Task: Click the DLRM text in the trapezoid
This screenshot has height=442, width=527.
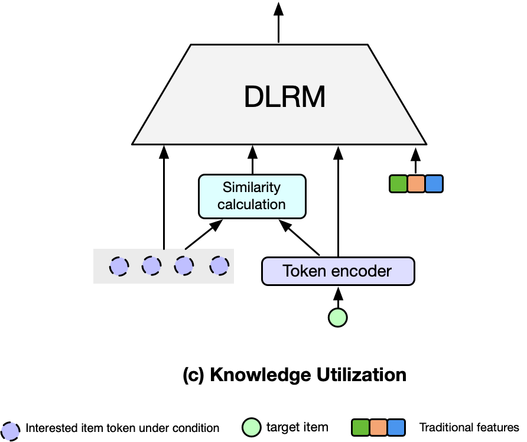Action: click(284, 97)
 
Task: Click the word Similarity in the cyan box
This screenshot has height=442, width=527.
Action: click(252, 188)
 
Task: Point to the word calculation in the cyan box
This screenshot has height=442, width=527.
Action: click(252, 204)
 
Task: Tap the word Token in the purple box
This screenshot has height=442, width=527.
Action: click(302, 271)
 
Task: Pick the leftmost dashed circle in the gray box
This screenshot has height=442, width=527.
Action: click(119, 266)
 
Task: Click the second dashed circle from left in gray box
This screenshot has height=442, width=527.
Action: click(151, 266)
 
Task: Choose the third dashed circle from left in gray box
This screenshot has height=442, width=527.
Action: click(184, 266)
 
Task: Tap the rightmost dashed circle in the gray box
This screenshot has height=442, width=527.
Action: click(219, 266)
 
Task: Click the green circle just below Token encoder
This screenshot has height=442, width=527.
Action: click(337, 318)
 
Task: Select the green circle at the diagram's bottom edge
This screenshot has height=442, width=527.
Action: click(252, 427)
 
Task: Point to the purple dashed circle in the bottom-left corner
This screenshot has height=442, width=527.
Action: click(10, 431)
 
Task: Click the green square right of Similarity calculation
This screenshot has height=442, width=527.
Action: click(398, 184)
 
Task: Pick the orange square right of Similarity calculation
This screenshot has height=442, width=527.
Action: click(416, 184)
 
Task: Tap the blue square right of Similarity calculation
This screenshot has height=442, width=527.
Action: click(434, 184)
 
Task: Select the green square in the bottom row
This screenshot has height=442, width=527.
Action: click(360, 427)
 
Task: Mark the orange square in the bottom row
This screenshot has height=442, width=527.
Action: click(378, 427)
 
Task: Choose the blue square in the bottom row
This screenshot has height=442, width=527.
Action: click(396, 427)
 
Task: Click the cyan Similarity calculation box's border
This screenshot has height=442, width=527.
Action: click(200, 196)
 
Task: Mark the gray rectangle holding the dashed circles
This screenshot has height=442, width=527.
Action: click(100, 277)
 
